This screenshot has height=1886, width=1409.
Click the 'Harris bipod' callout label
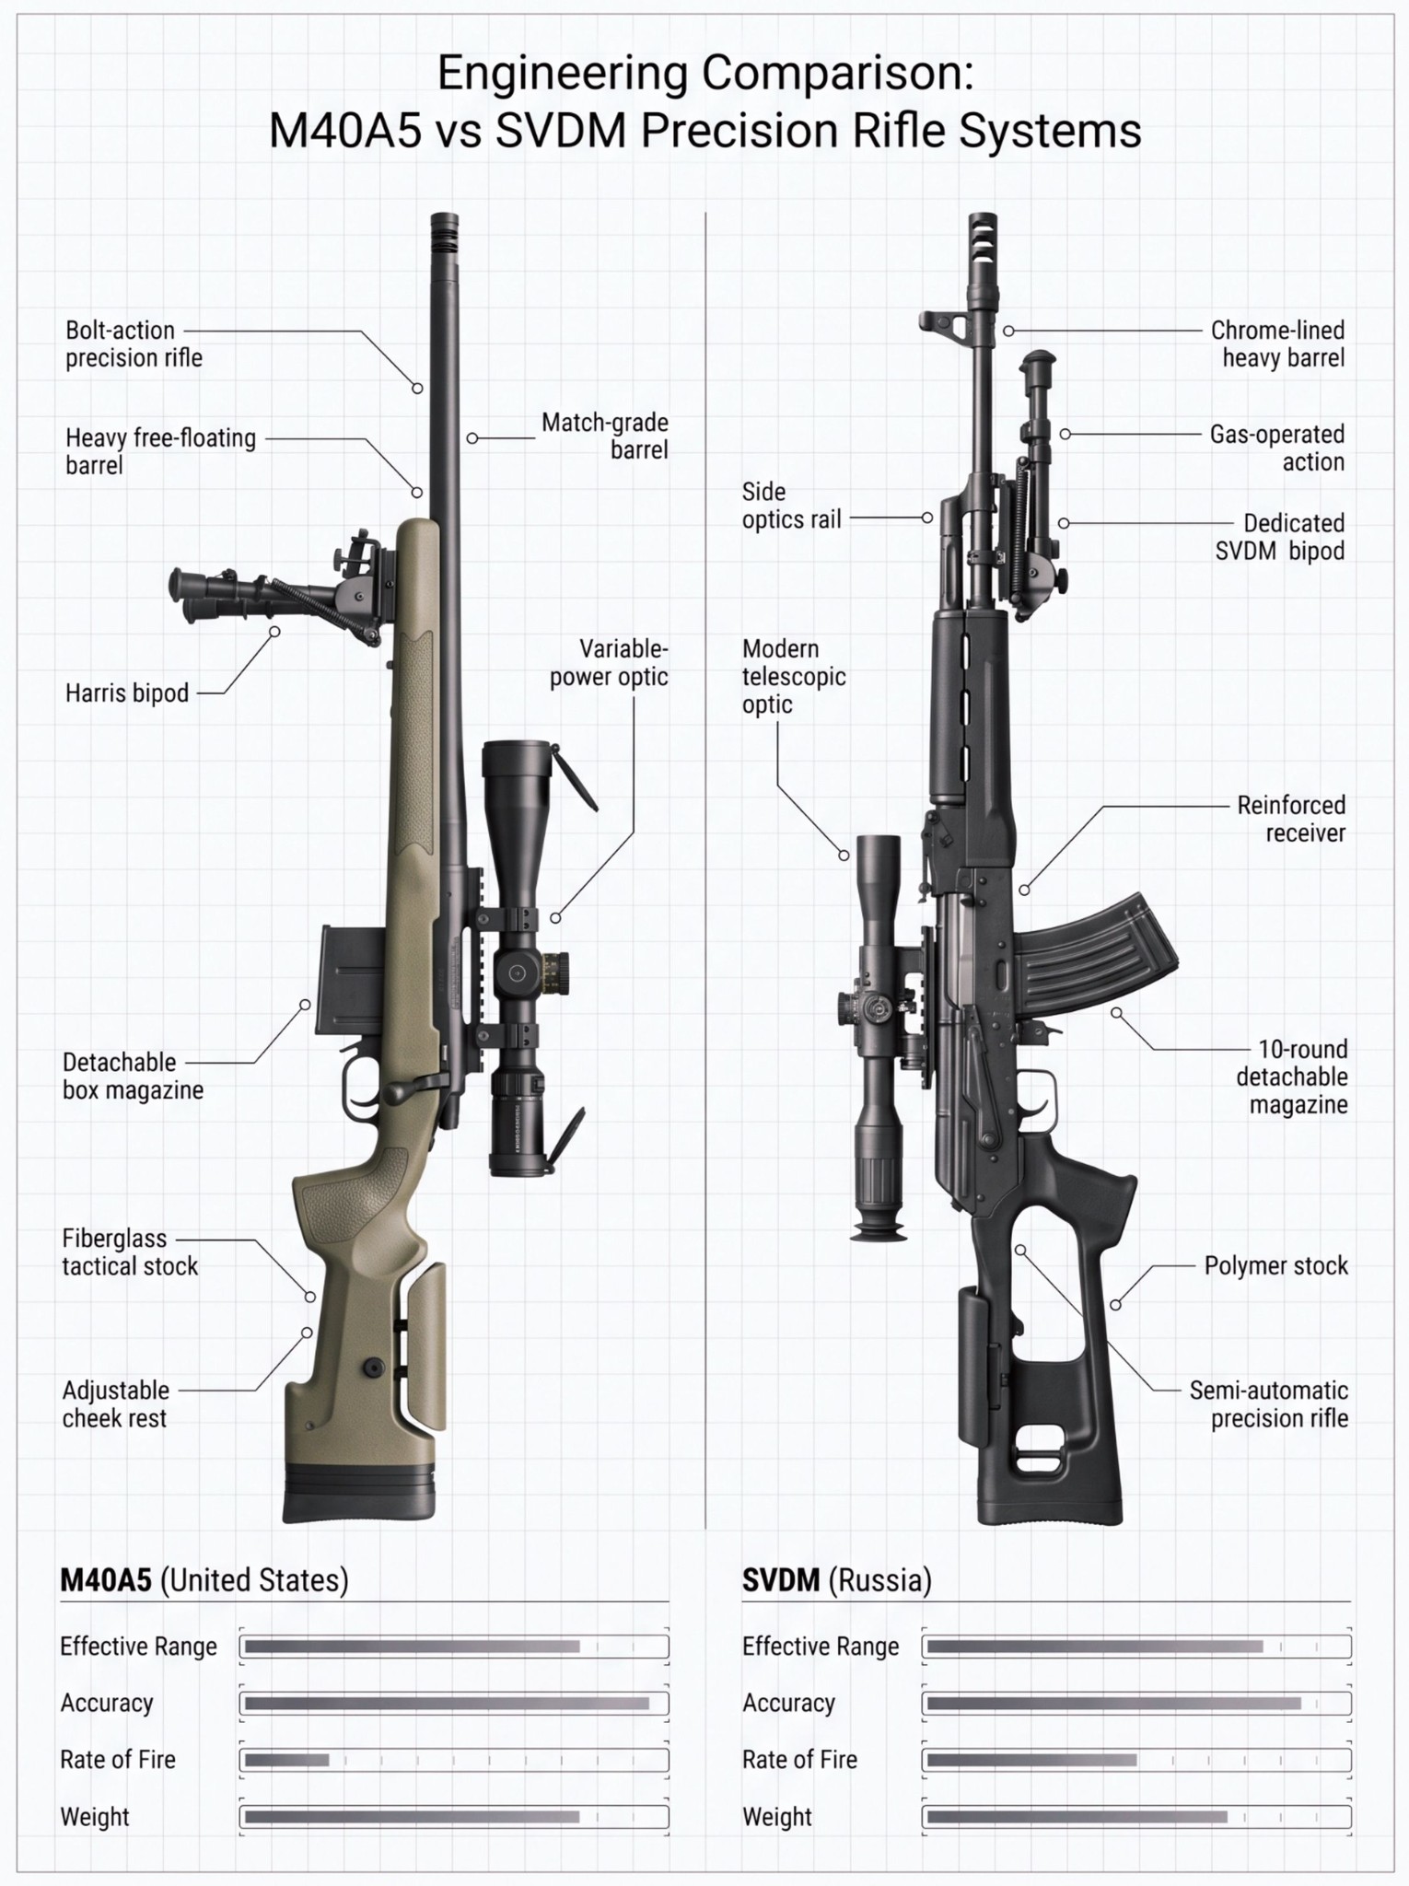pyautogui.click(x=127, y=693)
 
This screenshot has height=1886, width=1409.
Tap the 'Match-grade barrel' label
pyautogui.click(x=604, y=436)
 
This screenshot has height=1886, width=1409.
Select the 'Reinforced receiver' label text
pyautogui.click(x=1291, y=819)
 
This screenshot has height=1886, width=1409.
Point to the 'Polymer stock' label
pyautogui.click(x=1275, y=1265)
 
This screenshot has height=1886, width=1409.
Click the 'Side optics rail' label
pyautogui.click(x=792, y=506)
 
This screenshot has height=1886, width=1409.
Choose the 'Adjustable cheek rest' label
pyautogui.click(x=116, y=1403)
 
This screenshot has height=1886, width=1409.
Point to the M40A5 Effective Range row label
pyautogui.click(x=138, y=1647)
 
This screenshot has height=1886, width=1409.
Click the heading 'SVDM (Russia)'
pyautogui.click(x=837, y=1580)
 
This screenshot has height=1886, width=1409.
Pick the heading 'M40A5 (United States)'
pyautogui.click(x=204, y=1580)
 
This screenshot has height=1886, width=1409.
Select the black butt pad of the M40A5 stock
pyautogui.click(x=358, y=1492)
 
